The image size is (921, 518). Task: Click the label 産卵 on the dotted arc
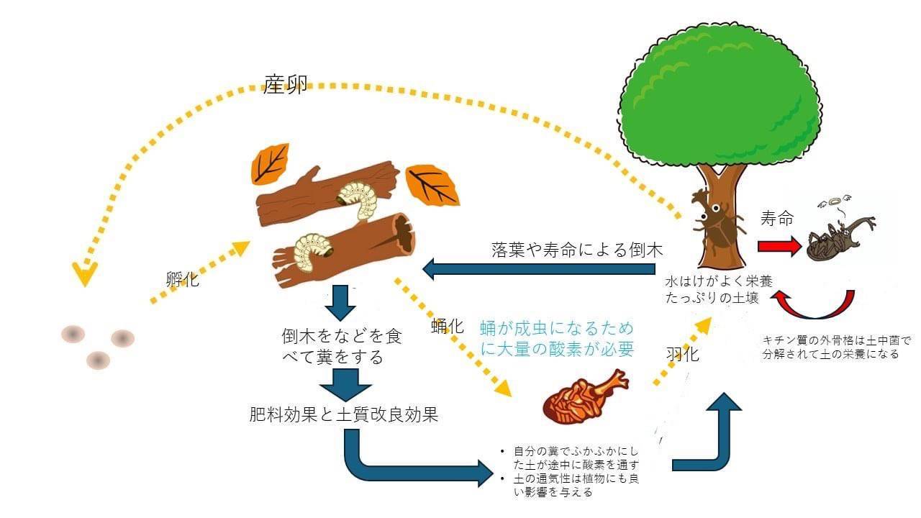click(285, 86)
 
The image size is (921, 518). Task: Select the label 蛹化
click(447, 324)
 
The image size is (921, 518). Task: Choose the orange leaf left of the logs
click(269, 163)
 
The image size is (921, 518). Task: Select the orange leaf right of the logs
click(432, 184)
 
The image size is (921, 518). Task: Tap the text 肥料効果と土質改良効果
click(343, 414)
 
